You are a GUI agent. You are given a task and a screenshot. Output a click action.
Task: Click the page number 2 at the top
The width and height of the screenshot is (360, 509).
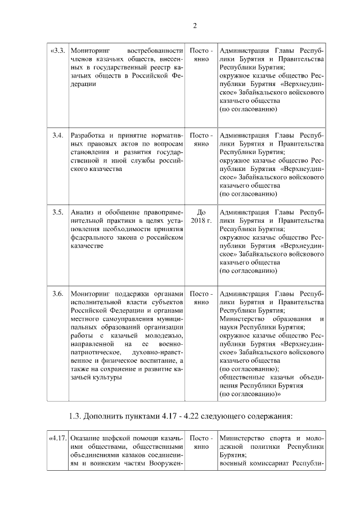point(195,25)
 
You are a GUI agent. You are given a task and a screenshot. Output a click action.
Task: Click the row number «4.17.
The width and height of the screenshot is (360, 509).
point(58,438)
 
